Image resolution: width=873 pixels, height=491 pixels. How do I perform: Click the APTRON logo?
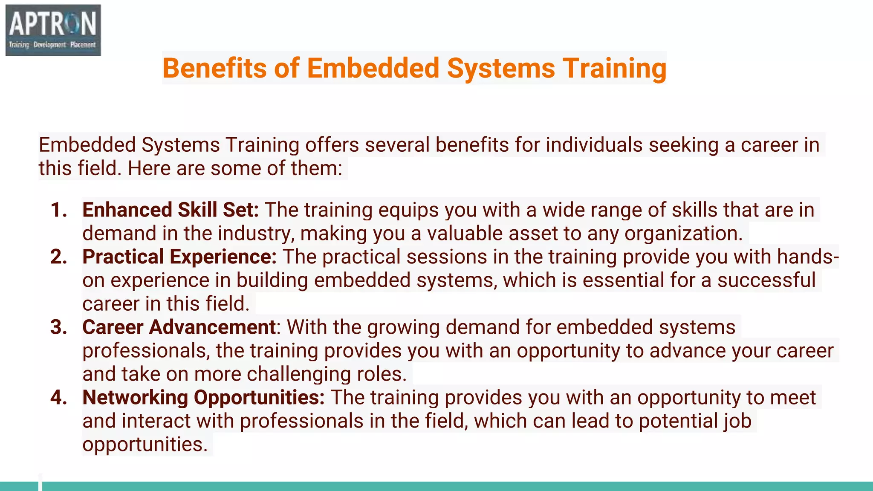(53, 30)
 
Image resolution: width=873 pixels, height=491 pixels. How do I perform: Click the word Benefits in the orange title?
(214, 68)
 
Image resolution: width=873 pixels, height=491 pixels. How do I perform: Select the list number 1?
(58, 210)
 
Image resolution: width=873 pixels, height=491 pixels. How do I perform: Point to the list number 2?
(58, 257)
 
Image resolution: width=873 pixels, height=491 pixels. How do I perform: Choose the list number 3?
(58, 327)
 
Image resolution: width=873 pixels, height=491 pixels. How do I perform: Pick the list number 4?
(58, 398)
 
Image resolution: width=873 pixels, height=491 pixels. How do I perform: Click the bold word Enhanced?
(127, 210)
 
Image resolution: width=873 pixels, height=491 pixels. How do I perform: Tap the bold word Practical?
(123, 257)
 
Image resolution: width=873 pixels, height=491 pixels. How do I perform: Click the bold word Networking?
(135, 398)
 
